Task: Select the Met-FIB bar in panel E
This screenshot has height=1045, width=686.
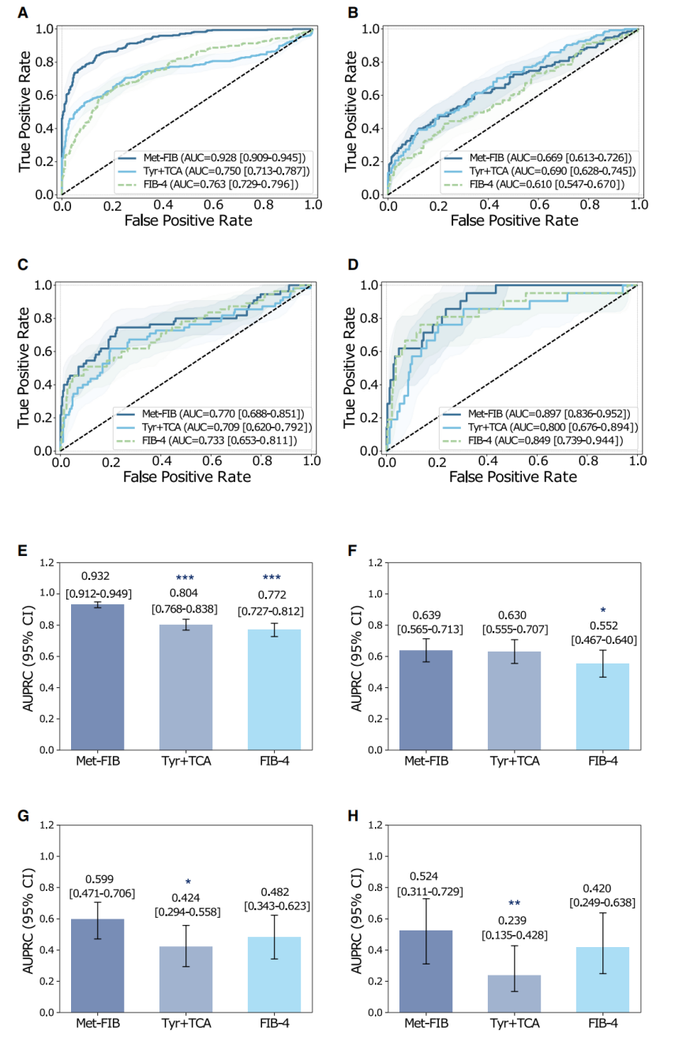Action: coord(97,677)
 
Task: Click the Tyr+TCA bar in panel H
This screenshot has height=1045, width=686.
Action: coord(514,993)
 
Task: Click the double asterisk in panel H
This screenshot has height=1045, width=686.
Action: coord(514,903)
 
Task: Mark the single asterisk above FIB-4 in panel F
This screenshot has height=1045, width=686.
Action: coord(602,611)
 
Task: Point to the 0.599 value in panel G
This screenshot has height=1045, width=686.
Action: coord(97,880)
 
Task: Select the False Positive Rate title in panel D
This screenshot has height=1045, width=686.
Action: coord(514,477)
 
